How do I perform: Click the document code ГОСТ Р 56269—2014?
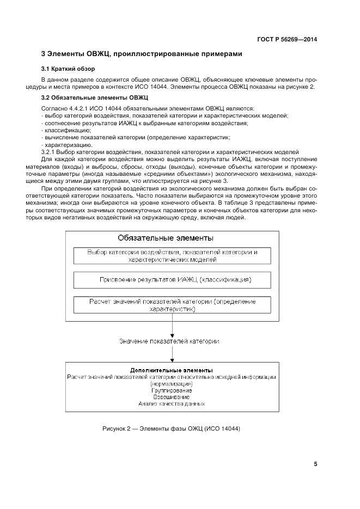pos(286,39)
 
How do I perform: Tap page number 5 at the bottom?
pos(315,464)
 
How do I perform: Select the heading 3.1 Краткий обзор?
pos(68,69)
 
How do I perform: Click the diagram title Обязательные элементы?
pos(166,238)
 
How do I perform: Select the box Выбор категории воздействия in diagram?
pos(172,256)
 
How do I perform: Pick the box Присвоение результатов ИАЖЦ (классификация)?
pos(172,280)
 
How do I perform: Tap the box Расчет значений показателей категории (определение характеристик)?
pos(172,305)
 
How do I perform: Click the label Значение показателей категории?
pos(169,341)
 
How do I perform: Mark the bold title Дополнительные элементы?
pos(171,370)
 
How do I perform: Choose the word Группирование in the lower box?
pos(172,390)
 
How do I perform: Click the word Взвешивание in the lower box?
pos(172,397)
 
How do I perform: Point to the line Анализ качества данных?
pos(172,404)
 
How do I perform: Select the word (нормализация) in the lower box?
pos(172,384)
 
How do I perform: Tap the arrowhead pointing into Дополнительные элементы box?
pos(172,360)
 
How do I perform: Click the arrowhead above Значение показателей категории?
pos(172,334)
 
